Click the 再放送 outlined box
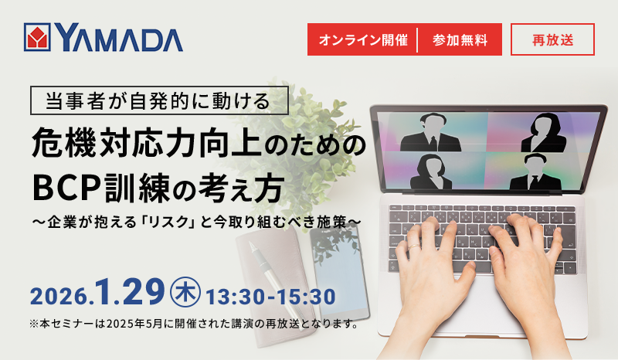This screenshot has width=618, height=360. point(552,40)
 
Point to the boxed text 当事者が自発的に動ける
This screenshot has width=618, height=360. point(158,100)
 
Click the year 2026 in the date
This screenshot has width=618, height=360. point(62,294)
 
